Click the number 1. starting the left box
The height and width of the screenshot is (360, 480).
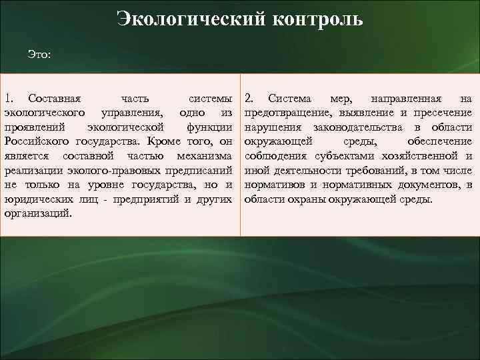click(11, 99)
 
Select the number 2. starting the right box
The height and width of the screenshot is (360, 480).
click(251, 99)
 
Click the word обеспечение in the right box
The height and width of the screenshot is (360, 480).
click(439, 141)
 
